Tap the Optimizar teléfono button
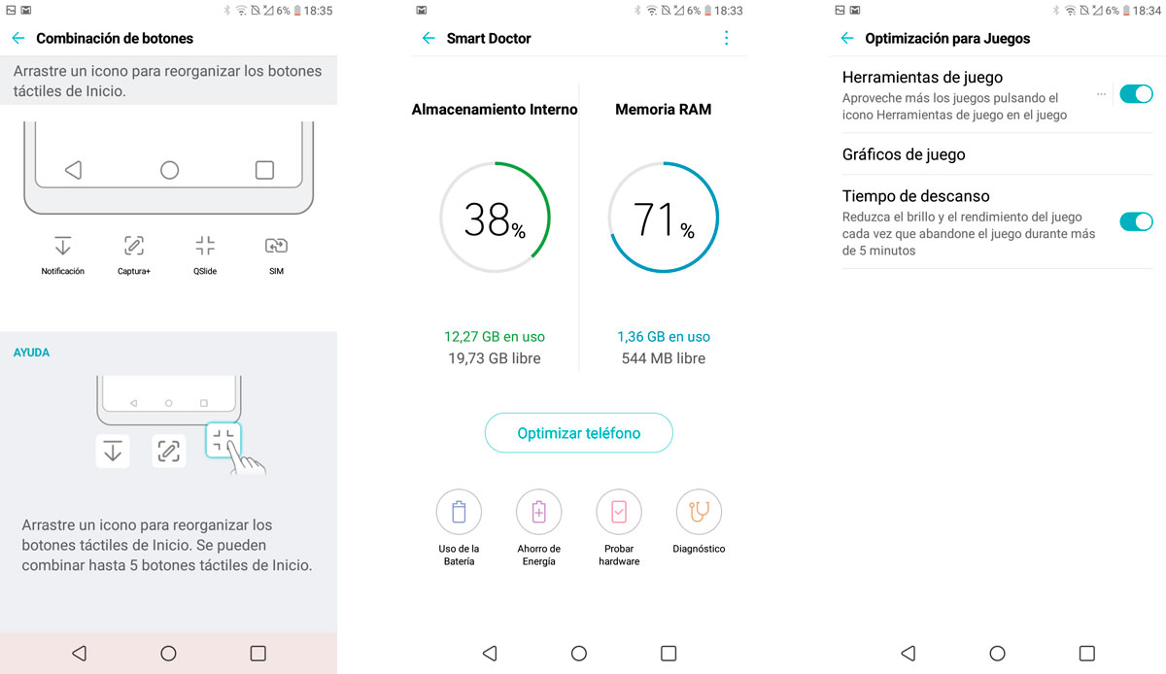(578, 433)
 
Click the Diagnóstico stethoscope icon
(699, 512)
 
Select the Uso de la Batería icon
(459, 512)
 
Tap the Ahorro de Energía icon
(538, 512)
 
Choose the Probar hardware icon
(619, 512)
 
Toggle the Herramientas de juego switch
(1136, 94)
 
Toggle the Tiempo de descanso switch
(1136, 221)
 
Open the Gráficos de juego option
(904, 154)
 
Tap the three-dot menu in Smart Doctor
(726, 38)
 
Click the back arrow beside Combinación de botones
(18, 38)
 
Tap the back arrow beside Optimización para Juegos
(847, 38)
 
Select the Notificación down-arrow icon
(63, 246)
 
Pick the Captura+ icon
(134, 246)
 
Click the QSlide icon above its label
(205, 246)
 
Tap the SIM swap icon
(276, 246)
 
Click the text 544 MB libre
(663, 358)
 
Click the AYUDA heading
(31, 353)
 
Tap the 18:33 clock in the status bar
(728, 11)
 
